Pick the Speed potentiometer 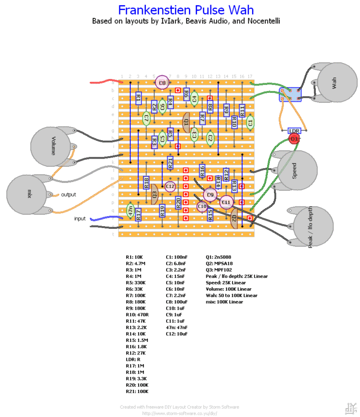(296, 171)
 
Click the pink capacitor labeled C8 (162, 82)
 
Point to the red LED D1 (294, 139)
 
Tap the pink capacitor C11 (226, 202)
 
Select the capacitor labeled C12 (170, 186)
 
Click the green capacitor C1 (250, 123)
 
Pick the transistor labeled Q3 (154, 194)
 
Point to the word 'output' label (68, 194)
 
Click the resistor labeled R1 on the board (138, 96)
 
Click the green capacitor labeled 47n (131, 211)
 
